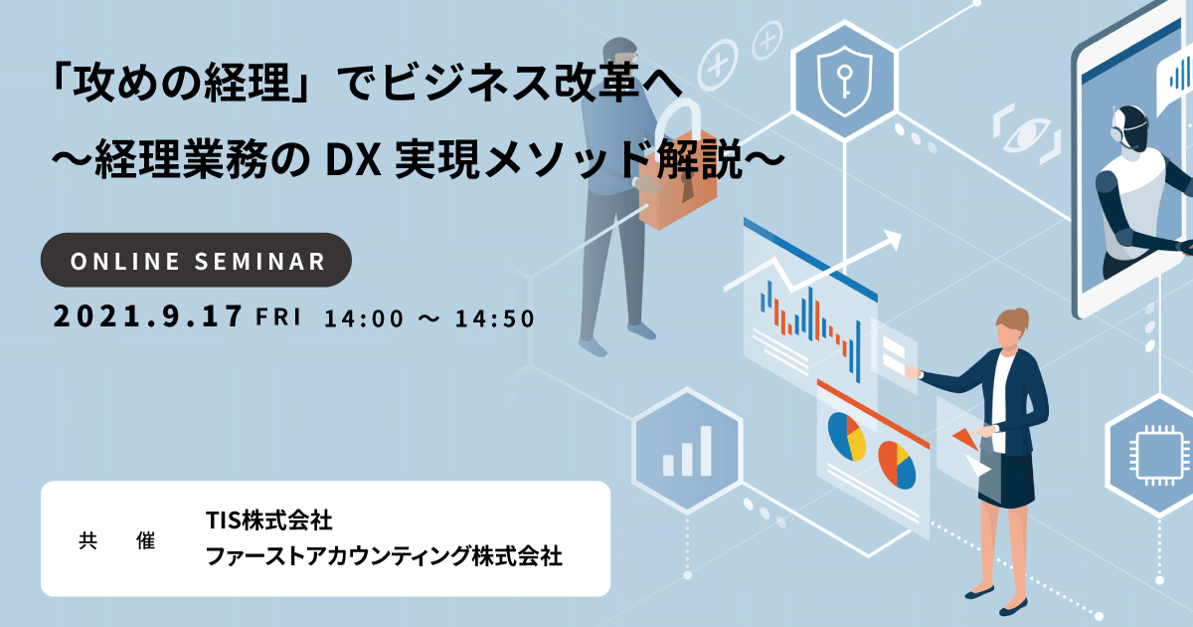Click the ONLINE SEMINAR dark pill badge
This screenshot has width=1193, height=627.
[196, 260]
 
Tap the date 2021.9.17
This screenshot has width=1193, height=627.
[148, 316]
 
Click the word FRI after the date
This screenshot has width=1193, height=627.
[278, 316]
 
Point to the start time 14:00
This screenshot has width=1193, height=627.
[364, 318]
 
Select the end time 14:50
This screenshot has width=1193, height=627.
[495, 318]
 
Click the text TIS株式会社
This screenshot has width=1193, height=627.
[269, 521]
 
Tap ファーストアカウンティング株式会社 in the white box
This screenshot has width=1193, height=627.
[384, 556]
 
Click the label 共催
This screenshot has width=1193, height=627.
[116, 540]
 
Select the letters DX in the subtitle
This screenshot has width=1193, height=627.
[353, 161]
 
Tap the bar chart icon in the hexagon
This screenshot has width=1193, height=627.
[687, 451]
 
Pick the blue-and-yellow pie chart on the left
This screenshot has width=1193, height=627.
[846, 436]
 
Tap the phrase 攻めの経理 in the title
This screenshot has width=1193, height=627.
[181, 83]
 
